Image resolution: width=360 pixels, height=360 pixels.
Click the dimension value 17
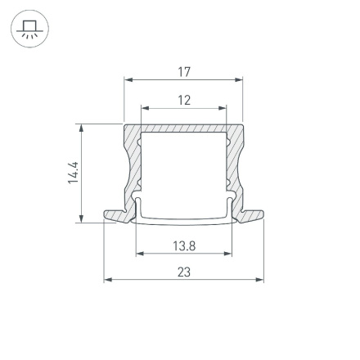pos(184,72)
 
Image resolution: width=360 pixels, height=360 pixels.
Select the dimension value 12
pos(184,100)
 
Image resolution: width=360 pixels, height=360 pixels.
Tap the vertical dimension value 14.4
pos(74,173)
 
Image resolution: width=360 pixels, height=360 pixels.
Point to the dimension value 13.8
pos(184,245)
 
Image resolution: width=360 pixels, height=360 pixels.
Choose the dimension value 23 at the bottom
pos(184,272)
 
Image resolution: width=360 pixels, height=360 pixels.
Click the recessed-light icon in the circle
pos(29,29)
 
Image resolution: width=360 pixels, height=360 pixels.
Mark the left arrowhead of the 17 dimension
pos(128,80)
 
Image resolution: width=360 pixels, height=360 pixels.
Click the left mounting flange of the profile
pos(117,215)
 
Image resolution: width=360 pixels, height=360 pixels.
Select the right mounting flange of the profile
pos(251,215)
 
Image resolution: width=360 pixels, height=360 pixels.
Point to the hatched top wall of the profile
pos(184,128)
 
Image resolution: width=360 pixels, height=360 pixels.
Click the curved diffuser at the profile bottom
pos(184,221)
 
